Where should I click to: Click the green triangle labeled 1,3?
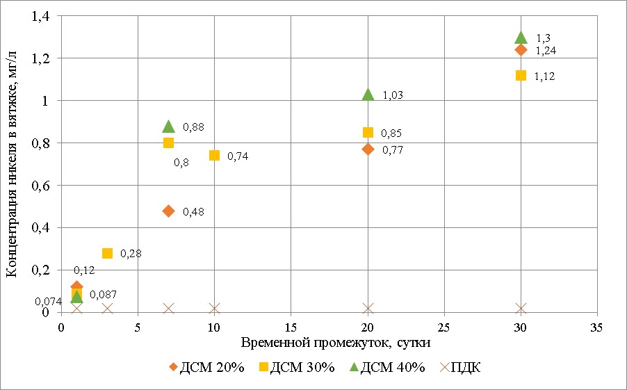click(521, 37)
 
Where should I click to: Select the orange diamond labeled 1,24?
click(521, 49)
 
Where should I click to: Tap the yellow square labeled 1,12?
click(521, 75)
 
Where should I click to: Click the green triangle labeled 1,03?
click(368, 94)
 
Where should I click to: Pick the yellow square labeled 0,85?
click(368, 132)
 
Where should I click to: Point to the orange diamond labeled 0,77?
click(368, 149)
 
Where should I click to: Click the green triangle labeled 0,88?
click(168, 126)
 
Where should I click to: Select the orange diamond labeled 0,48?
click(168, 211)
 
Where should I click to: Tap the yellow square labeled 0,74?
click(214, 155)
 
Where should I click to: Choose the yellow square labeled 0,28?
click(107, 253)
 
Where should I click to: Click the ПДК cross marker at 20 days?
click(368, 308)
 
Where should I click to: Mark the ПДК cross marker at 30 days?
click(521, 308)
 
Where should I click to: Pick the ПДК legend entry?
click(456, 368)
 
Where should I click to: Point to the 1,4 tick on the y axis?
click(42, 16)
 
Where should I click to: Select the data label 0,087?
click(102, 295)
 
